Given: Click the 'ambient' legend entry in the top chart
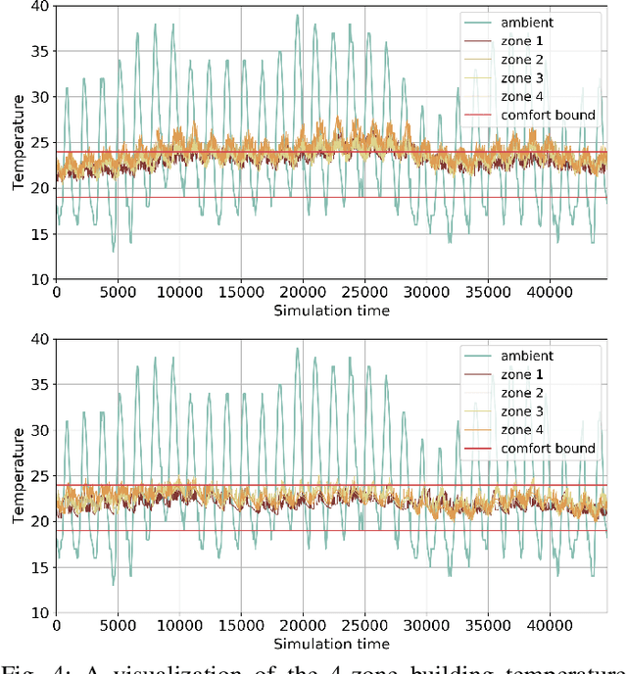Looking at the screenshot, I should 527,22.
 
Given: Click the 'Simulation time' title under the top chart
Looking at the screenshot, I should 331,311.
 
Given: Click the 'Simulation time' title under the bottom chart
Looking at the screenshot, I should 331,644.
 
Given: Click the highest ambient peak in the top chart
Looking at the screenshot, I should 297,16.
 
